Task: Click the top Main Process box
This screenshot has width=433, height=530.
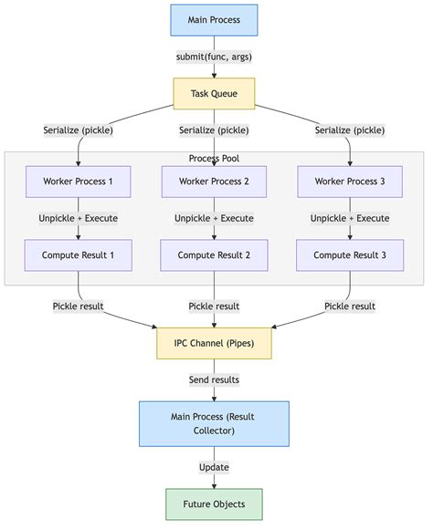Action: (214, 20)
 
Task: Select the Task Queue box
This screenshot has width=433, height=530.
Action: (214, 93)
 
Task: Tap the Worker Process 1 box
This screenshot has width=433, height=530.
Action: (79, 182)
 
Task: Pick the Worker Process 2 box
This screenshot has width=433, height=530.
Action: (214, 182)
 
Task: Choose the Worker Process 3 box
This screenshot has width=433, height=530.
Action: (351, 182)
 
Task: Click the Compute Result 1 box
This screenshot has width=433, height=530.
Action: (79, 255)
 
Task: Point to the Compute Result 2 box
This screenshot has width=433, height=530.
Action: (214, 255)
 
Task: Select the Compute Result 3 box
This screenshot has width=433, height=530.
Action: (351, 255)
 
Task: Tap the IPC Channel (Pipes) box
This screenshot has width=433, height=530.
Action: (214, 343)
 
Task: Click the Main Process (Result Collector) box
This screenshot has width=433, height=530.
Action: (214, 423)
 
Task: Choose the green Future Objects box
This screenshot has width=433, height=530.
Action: (214, 504)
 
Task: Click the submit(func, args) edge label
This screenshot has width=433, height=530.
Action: (214, 57)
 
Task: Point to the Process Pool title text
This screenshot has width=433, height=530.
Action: (214, 159)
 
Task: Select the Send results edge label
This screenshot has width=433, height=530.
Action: (214, 379)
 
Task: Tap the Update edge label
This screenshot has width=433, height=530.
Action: (214, 467)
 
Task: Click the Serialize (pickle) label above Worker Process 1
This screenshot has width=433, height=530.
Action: (79, 130)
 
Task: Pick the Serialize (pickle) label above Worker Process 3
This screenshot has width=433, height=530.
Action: (351, 130)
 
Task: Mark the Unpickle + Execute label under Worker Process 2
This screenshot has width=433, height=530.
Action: (214, 218)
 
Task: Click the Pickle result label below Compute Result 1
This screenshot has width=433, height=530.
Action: (79, 306)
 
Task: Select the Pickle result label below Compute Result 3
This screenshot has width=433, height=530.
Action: (351, 306)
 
